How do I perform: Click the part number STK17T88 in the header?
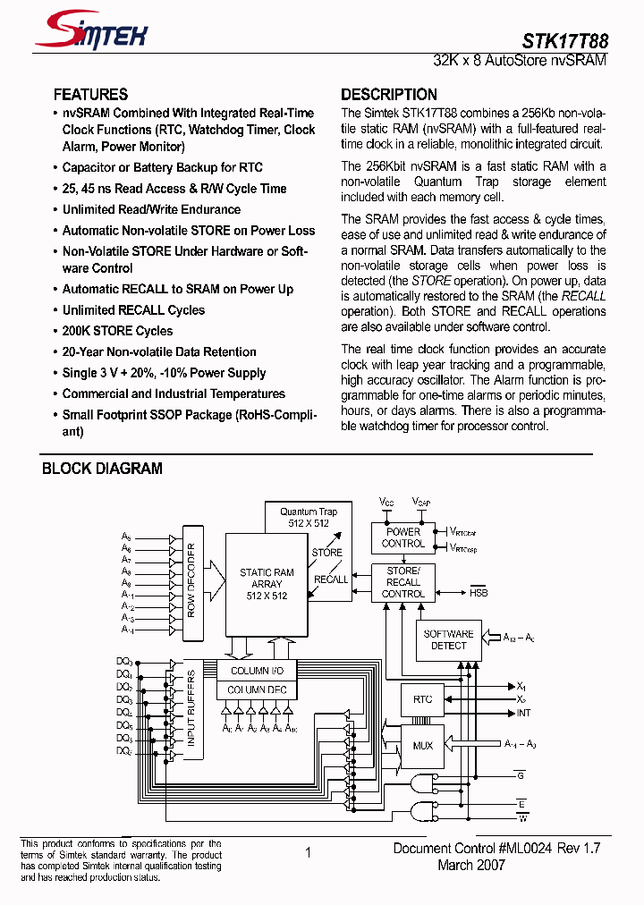564,41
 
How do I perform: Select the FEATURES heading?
90,95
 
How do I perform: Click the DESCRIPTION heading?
389,95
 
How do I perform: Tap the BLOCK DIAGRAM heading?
102,469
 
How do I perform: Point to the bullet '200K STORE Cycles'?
117,331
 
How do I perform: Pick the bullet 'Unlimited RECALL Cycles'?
133,310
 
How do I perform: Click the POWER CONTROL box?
402,537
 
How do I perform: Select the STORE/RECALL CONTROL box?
402,581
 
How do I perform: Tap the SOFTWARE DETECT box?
448,639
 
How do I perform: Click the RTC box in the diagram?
422,699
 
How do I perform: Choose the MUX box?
422,745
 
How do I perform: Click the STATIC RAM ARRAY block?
267,584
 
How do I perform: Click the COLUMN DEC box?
258,689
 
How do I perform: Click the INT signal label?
523,713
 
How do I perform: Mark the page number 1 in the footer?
308,853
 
